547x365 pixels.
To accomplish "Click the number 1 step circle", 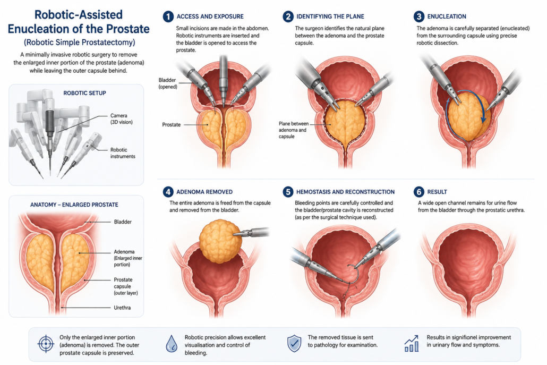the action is point(168,16).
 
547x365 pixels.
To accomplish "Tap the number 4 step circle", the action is point(168,192).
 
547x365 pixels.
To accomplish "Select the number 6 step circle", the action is point(419,192).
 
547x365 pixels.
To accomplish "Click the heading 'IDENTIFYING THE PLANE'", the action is point(330,16).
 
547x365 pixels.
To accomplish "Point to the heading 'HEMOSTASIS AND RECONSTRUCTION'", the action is point(345,192).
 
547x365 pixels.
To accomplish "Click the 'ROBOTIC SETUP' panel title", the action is point(85,93).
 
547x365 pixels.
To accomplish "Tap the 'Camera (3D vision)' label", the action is point(122,119).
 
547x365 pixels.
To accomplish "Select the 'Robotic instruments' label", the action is point(123,153).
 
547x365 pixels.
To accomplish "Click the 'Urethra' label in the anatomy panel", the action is point(122,308).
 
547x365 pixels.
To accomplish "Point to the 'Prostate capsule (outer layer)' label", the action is point(125,286).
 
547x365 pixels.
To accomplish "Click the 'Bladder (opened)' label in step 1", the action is point(168,83).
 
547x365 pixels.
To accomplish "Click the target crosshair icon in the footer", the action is point(46,344).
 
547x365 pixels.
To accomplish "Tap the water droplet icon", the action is point(172,344).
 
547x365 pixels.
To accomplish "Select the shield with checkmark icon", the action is point(294,344).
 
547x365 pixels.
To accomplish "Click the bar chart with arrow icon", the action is point(412,344).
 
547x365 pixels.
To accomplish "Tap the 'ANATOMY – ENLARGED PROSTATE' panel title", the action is point(74,205).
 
